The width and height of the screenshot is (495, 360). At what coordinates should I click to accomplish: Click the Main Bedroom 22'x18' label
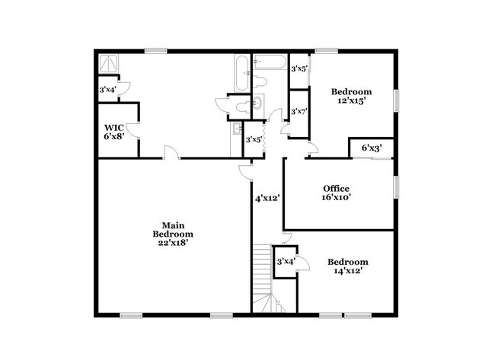[x=173, y=234]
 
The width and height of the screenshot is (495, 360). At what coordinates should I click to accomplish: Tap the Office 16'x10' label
[x=336, y=193]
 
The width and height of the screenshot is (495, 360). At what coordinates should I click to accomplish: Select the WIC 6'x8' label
[x=114, y=132]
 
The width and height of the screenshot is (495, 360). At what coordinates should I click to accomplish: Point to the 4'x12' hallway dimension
[x=268, y=199]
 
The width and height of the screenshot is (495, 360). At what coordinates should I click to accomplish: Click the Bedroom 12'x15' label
[x=351, y=96]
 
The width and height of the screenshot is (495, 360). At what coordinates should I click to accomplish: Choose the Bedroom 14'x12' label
[x=347, y=266]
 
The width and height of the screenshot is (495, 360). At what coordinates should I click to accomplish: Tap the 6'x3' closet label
[x=372, y=148]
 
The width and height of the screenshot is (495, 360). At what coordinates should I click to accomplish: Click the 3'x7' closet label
[x=299, y=111]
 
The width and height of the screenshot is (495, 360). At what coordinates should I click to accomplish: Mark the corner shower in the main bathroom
[x=109, y=63]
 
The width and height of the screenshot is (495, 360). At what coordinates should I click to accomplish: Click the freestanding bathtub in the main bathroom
[x=242, y=73]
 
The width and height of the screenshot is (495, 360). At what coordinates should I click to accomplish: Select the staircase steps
[x=263, y=278]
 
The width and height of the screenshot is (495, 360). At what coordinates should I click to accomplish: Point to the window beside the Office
[x=397, y=187]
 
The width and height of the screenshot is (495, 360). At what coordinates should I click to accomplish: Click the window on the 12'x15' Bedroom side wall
[x=397, y=100]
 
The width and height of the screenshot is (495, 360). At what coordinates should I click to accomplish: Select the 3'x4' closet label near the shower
[x=108, y=90]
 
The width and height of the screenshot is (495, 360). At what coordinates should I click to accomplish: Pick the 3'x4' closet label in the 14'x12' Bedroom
[x=286, y=262]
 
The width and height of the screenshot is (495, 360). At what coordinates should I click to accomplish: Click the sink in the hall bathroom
[x=257, y=102]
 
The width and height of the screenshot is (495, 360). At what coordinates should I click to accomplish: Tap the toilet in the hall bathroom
[x=260, y=81]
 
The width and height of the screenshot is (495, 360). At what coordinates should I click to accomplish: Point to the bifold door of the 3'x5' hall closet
[x=264, y=139]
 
